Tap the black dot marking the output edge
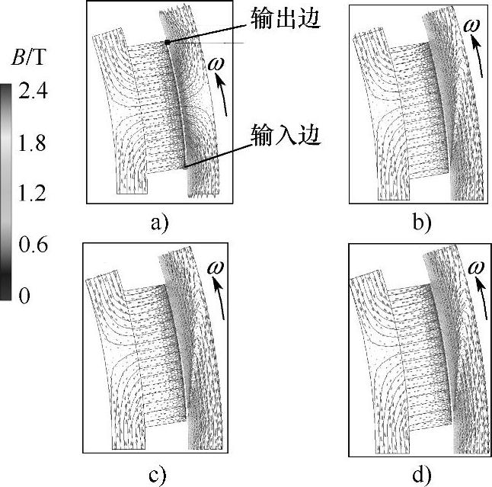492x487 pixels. pos(168,43)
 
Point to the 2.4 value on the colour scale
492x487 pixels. pos(31,92)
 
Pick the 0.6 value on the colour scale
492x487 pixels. pos(31,245)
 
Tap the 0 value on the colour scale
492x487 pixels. pos(24,295)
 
